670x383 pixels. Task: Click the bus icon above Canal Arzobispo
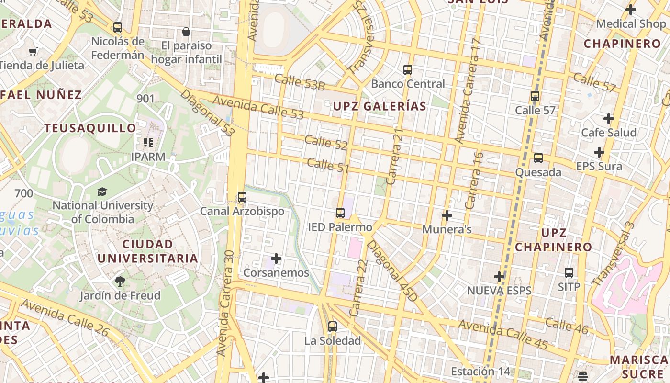[242, 197]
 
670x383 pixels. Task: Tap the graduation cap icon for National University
[102, 192]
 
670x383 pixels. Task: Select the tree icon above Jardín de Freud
[120, 282]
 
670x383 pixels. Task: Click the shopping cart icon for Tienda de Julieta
[33, 51]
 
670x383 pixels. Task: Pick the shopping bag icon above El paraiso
[186, 32]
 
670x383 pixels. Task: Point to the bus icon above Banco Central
[408, 70]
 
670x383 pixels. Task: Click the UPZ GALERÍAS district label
[380, 106]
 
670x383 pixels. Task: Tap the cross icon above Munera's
[447, 215]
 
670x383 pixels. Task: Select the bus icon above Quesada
[538, 158]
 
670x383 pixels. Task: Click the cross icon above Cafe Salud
[609, 118]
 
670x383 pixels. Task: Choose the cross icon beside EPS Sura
[599, 153]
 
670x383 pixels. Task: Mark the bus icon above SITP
[569, 273]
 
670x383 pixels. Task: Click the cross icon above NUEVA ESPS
[499, 277]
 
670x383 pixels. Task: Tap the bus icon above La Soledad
[333, 327]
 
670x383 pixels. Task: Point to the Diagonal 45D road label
[391, 271]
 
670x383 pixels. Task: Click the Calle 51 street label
[328, 165]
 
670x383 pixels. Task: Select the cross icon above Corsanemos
[276, 259]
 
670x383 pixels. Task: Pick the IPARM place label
[148, 157]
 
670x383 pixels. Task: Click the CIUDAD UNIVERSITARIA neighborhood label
[148, 251]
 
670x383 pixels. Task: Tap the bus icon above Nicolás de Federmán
[118, 27]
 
